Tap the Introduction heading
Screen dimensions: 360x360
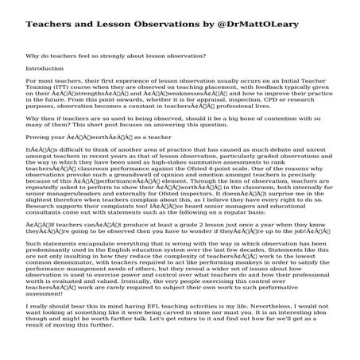[x=45, y=68]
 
